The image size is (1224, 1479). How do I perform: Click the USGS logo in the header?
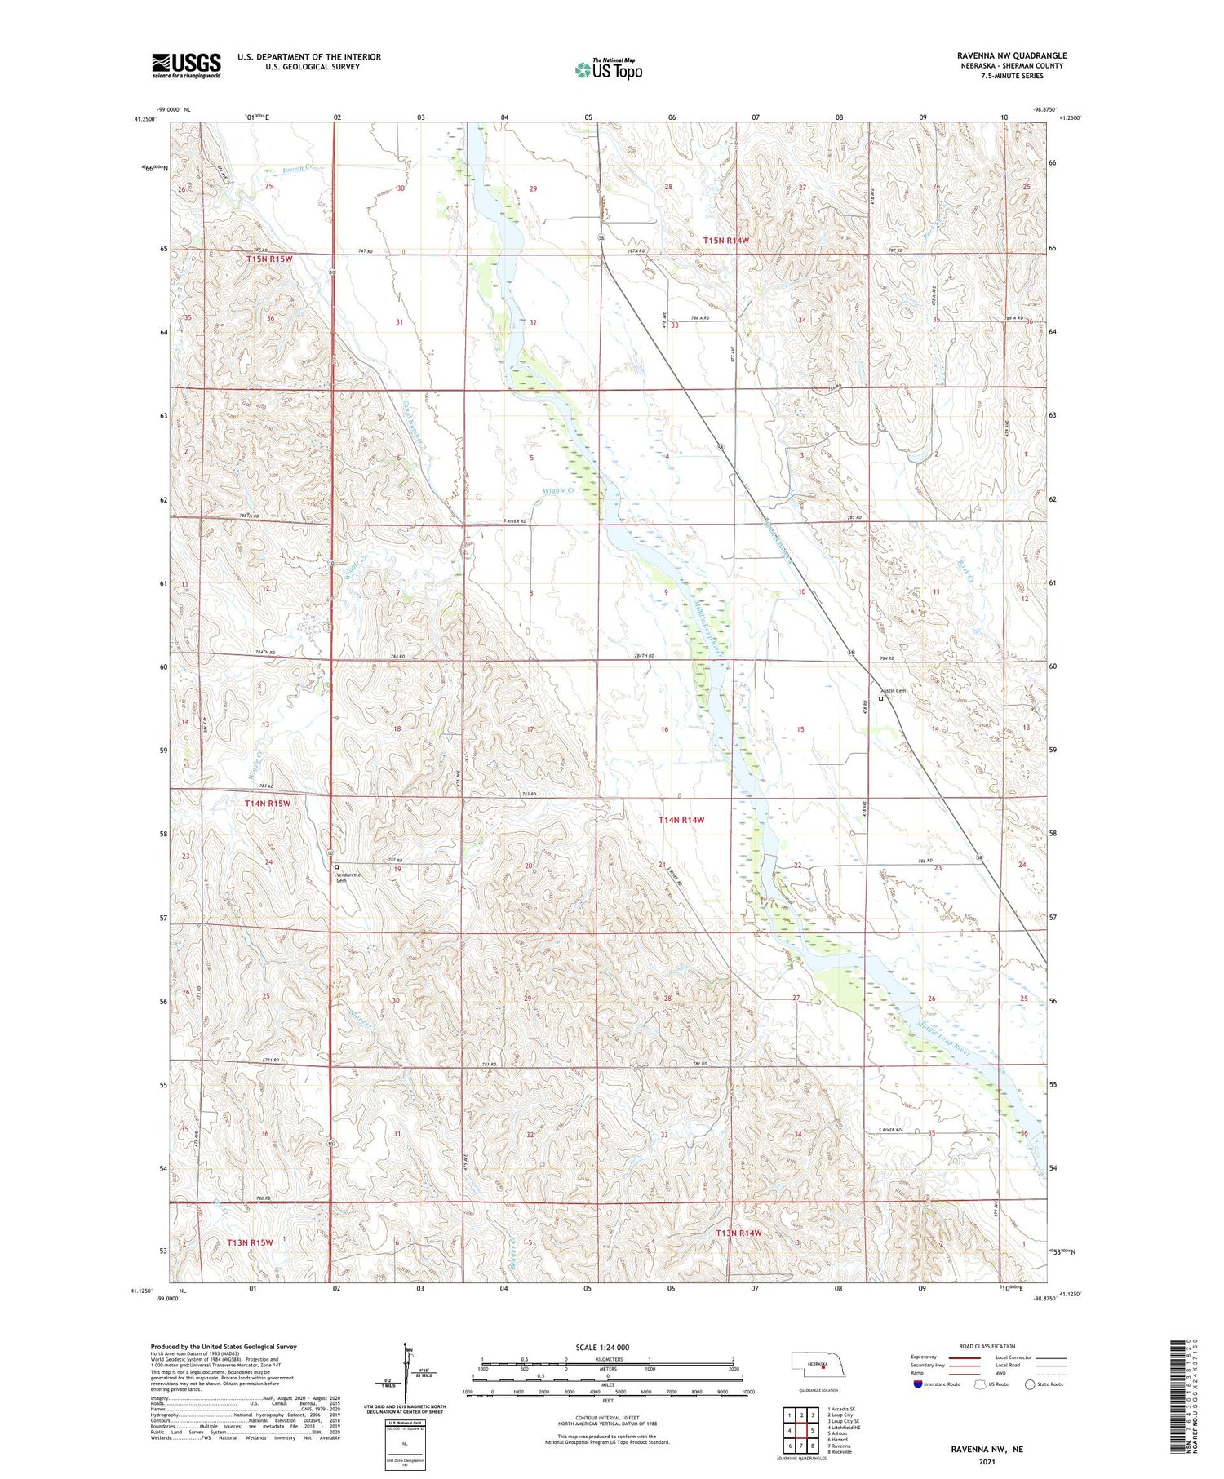(186, 65)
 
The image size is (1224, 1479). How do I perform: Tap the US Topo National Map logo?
(609, 69)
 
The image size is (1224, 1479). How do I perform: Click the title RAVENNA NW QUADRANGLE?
(1012, 55)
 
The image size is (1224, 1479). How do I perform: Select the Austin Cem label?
(894, 691)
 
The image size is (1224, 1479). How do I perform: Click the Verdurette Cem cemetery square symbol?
(336, 867)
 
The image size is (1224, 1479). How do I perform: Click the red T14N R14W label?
(681, 820)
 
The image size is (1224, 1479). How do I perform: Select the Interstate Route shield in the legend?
(918, 1384)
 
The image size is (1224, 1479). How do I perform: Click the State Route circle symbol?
(1030, 1384)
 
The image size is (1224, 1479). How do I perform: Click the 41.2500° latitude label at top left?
(144, 119)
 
